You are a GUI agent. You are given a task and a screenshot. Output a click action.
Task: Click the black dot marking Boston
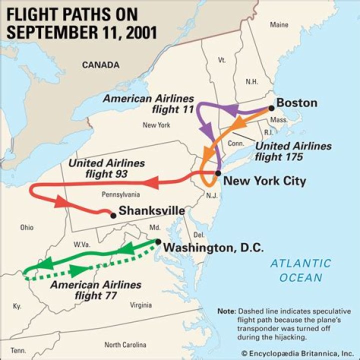coord(271,107)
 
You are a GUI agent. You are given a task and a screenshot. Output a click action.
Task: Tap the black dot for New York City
coord(218,173)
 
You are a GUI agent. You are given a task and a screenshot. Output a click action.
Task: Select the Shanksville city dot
coord(113,215)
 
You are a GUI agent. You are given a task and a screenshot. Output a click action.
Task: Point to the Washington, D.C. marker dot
coord(158,242)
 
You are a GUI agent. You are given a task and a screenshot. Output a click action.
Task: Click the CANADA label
coord(100,65)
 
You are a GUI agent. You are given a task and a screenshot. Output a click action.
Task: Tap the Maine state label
coord(279,24)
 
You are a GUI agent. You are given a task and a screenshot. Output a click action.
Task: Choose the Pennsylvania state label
coord(120,194)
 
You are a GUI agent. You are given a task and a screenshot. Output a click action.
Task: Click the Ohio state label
coord(27,227)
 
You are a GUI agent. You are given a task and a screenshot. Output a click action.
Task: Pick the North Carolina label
coord(125,345)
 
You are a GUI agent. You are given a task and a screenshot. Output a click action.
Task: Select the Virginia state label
coord(140,305)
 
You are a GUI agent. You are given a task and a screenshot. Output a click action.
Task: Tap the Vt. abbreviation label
coord(222,59)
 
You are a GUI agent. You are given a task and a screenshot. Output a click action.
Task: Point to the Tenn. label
coord(18,350)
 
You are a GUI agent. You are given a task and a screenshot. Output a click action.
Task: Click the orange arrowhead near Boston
coord(239,122)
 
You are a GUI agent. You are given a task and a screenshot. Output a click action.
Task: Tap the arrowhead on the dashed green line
coord(78,271)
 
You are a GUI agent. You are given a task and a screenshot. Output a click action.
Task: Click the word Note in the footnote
coord(225,311)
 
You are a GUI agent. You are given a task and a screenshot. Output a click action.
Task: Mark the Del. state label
coord(198,235)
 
